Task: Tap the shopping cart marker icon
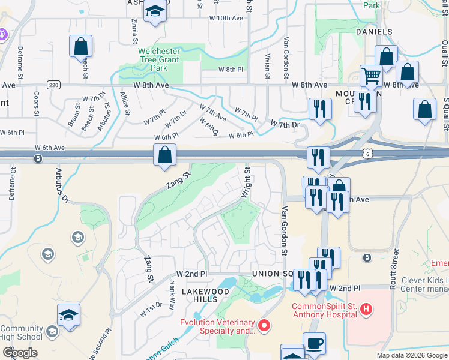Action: (x=372, y=76)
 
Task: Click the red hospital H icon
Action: (x=367, y=310)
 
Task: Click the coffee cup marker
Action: (x=314, y=344)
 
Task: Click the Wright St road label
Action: (x=246, y=183)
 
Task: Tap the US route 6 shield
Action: (x=366, y=154)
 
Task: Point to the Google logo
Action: (x=20, y=353)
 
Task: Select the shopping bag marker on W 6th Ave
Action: (x=164, y=155)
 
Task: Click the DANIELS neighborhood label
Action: (x=374, y=32)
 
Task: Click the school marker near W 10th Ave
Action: (x=155, y=11)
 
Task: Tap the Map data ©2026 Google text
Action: (x=412, y=355)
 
